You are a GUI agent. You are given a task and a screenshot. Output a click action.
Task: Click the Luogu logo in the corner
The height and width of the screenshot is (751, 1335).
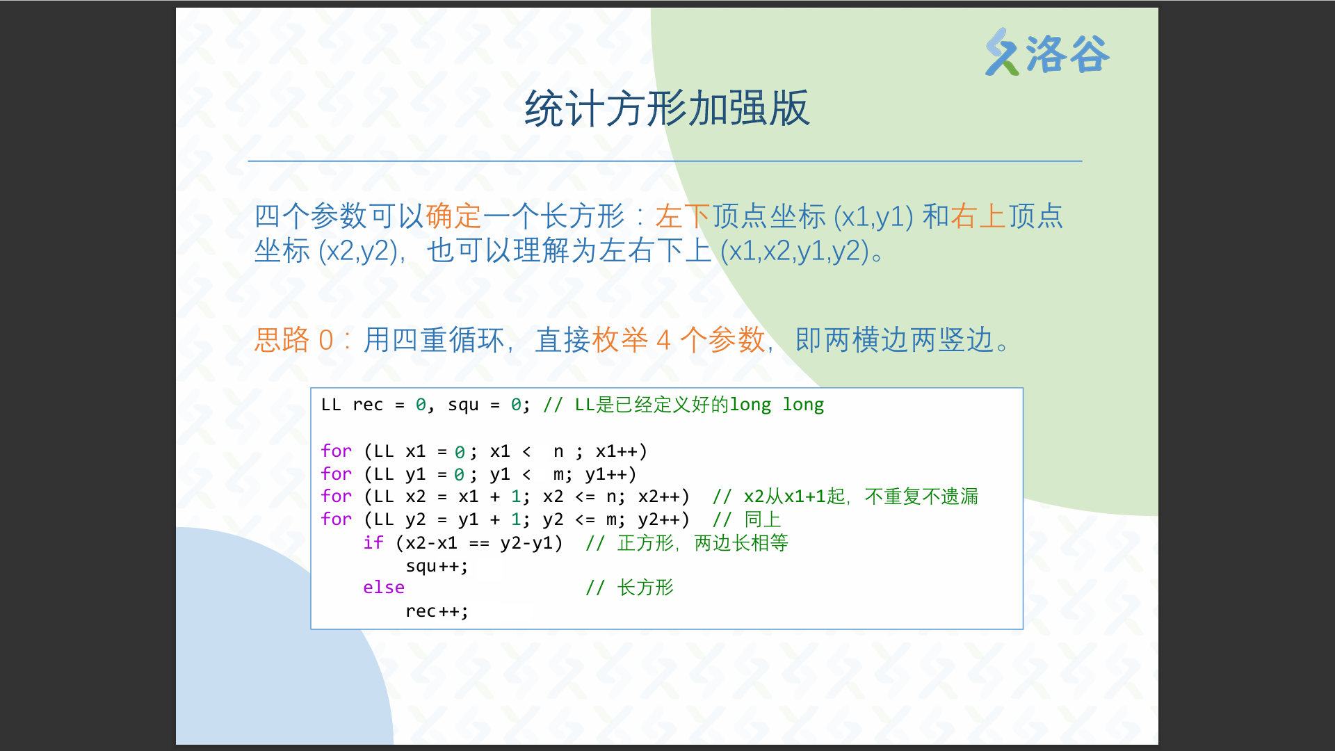click(x=1047, y=53)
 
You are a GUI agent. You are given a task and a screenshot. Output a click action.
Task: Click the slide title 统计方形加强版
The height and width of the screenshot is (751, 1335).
click(x=667, y=108)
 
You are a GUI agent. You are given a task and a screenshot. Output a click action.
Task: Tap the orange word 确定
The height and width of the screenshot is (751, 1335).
click(x=453, y=216)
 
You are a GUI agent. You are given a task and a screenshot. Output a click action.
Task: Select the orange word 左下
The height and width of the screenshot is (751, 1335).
click(x=683, y=216)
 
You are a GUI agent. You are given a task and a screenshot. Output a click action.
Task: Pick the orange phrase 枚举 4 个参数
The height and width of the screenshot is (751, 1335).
click(x=678, y=340)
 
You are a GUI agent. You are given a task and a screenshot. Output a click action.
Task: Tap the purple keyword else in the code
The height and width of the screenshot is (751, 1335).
click(x=384, y=588)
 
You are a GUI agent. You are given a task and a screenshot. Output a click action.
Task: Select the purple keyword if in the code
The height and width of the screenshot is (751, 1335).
click(x=373, y=542)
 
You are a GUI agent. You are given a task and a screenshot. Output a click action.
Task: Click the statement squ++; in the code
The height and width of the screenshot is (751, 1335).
click(x=437, y=566)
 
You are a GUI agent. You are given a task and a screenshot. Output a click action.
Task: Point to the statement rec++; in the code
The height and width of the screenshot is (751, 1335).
click(x=437, y=611)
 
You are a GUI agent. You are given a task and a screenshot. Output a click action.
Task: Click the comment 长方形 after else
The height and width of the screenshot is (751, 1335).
click(x=645, y=588)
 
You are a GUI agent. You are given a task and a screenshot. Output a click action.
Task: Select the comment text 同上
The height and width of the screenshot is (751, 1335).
click(x=763, y=519)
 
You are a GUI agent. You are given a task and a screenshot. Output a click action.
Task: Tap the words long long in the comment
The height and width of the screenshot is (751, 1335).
click(x=777, y=405)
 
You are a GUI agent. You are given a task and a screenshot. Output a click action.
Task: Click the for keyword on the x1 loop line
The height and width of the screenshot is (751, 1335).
click(x=337, y=451)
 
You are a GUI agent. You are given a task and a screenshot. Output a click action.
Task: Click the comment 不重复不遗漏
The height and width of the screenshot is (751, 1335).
click(x=921, y=496)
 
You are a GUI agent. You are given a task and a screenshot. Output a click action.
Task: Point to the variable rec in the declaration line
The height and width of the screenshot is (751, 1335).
click(x=368, y=405)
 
